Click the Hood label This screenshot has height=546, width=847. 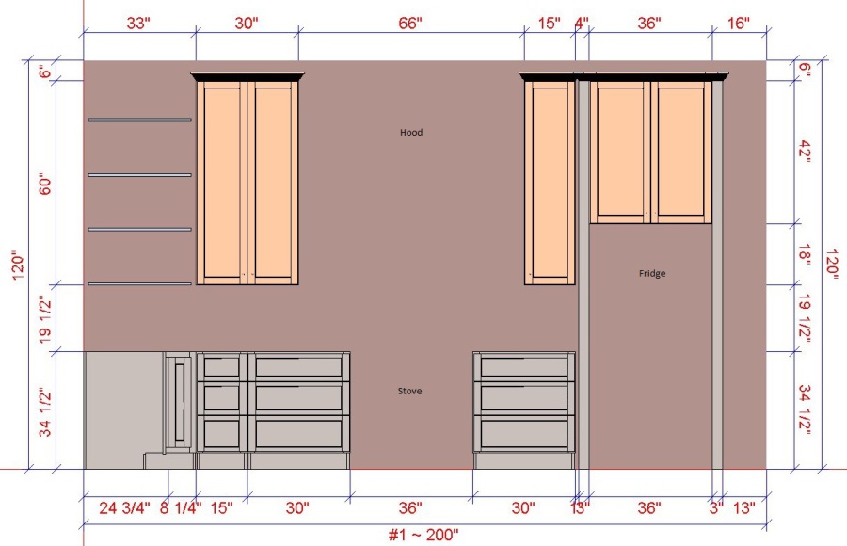pyautogui.click(x=411, y=132)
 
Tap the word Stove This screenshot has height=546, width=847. pyautogui.click(x=409, y=391)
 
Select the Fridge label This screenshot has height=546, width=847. pyautogui.click(x=652, y=274)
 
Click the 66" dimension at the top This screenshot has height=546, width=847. pyautogui.click(x=410, y=24)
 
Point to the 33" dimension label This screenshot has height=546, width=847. pyautogui.click(x=138, y=24)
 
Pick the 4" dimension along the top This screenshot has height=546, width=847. pyautogui.click(x=582, y=24)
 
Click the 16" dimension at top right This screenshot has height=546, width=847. pyautogui.click(x=739, y=24)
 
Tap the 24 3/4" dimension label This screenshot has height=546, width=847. pyautogui.click(x=125, y=508)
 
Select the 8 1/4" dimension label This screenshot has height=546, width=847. pyautogui.click(x=181, y=508)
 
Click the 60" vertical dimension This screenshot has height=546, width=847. pyautogui.click(x=45, y=184)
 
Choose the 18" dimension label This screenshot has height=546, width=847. pyautogui.click(x=805, y=254)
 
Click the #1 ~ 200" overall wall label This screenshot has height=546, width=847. pyautogui.click(x=423, y=535)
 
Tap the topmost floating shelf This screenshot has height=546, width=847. pyautogui.click(x=140, y=120)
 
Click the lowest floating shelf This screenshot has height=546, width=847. pyautogui.click(x=140, y=283)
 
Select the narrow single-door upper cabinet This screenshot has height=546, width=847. pyautogui.click(x=550, y=182)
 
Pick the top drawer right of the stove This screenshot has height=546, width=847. pyautogui.click(x=524, y=367)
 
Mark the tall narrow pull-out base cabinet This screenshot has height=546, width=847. pyautogui.click(x=179, y=402)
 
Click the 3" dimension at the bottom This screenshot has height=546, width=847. pyautogui.click(x=716, y=508)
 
